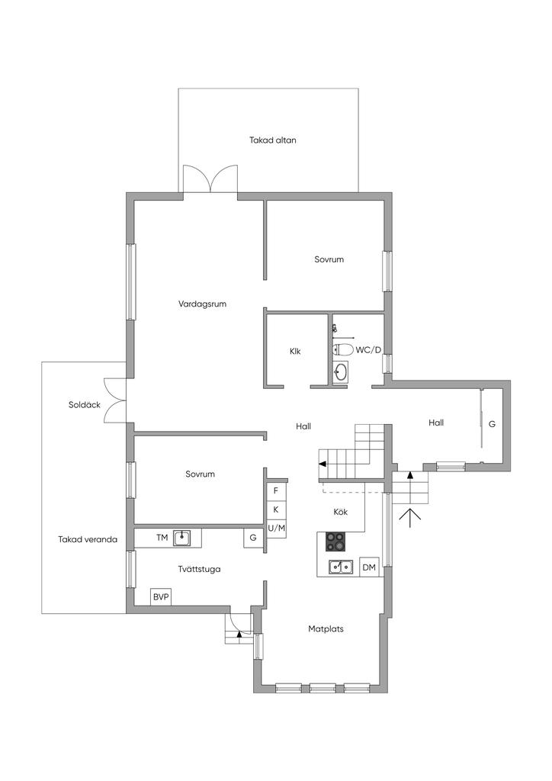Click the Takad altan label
273,140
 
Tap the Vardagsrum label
202,304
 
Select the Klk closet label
295,351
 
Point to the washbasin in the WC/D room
341,371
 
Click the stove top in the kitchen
335,542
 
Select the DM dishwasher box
369,567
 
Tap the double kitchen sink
341,567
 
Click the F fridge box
276,490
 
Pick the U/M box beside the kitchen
276,529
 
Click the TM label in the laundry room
162,538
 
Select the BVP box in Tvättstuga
161,596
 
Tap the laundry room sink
181,538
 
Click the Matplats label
326,629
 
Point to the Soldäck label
84,405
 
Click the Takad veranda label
88,539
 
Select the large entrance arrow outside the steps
410,518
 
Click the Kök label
341,512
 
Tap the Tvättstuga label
199,569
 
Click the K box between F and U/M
276,509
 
